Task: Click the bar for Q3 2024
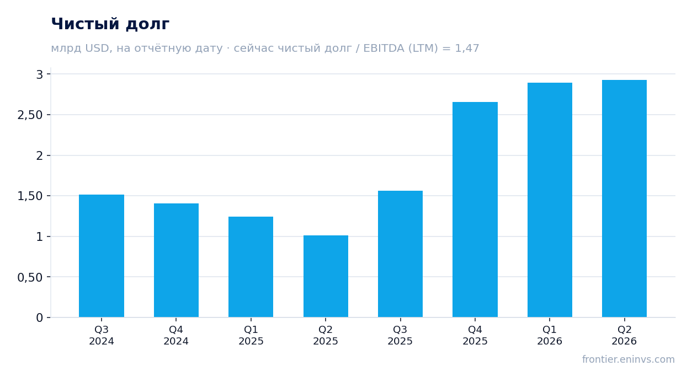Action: [x=102, y=256]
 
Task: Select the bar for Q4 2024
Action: [x=176, y=260]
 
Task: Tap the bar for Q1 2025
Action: [x=251, y=267]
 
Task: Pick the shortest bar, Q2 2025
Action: [x=326, y=276]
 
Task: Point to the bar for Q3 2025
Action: [x=401, y=254]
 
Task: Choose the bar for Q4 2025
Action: [x=475, y=209]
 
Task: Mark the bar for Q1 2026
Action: [x=550, y=200]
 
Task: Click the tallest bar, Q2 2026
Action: [x=624, y=198]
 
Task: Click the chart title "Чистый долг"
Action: [x=110, y=24]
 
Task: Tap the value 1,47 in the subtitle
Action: [x=467, y=49]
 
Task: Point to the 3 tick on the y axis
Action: [x=40, y=74]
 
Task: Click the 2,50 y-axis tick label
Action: [x=30, y=115]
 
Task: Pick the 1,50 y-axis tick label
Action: [x=30, y=196]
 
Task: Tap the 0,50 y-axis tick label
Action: [x=30, y=277]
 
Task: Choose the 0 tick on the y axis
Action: [x=40, y=318]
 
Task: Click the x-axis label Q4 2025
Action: [x=475, y=335]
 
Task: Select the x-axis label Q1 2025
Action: [x=251, y=335]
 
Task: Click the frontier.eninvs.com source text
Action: [x=629, y=359]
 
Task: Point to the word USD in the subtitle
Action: [x=97, y=49]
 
